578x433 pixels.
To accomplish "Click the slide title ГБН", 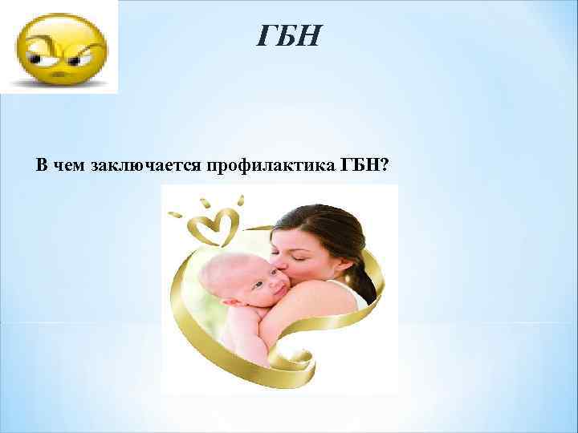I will [289, 36].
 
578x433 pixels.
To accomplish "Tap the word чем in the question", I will [70, 165].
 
